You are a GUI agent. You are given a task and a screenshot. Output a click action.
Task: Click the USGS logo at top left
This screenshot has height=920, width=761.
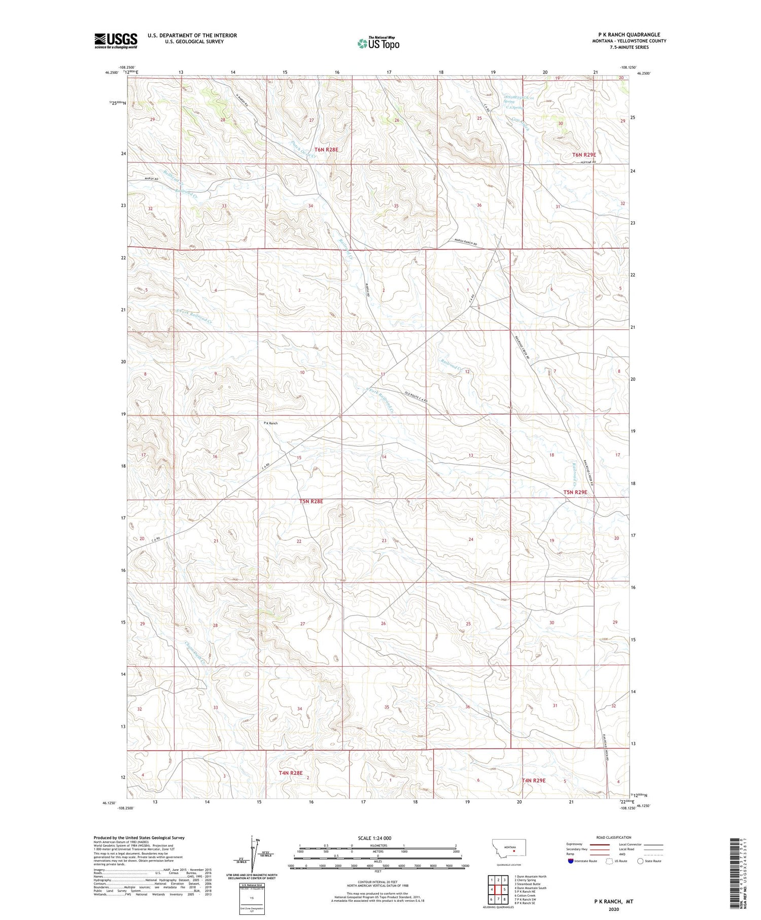[116, 41]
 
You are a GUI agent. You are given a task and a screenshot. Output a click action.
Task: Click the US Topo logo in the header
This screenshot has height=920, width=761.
[378, 44]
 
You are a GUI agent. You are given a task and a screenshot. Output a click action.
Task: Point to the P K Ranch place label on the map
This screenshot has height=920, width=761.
[270, 423]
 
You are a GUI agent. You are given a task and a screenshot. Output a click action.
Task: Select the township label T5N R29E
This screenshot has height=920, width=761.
[575, 492]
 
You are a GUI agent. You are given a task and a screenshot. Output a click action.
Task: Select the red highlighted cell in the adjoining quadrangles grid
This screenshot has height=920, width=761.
[498, 889]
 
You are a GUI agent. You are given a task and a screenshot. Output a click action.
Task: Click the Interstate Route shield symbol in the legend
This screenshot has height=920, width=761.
[571, 861]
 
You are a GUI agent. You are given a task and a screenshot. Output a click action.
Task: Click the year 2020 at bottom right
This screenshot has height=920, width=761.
[614, 908]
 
